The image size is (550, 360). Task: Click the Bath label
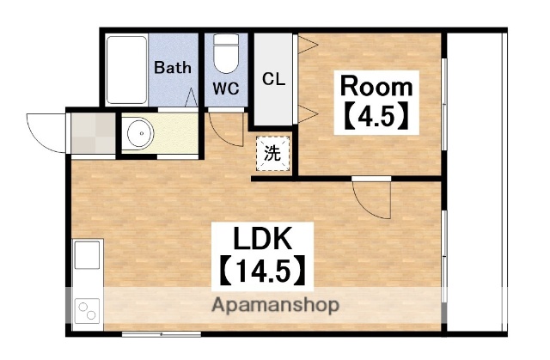point(173,67)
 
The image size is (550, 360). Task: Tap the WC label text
point(226,88)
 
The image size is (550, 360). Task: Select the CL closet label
point(273,79)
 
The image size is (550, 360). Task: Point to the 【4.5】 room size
point(376,115)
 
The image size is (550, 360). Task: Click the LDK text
point(262,238)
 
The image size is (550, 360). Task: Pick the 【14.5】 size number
point(262,271)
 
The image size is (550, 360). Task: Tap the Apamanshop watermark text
point(275,305)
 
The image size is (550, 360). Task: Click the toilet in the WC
point(226,53)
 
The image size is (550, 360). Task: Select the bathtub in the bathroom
point(126,70)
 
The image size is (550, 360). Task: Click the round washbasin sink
point(140,133)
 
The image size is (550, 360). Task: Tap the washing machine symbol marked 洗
point(272,153)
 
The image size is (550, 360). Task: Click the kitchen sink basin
point(87,255)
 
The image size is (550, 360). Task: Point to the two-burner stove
point(87,311)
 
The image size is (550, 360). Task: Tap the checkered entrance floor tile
point(94,133)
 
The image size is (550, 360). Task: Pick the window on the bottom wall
point(162,335)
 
